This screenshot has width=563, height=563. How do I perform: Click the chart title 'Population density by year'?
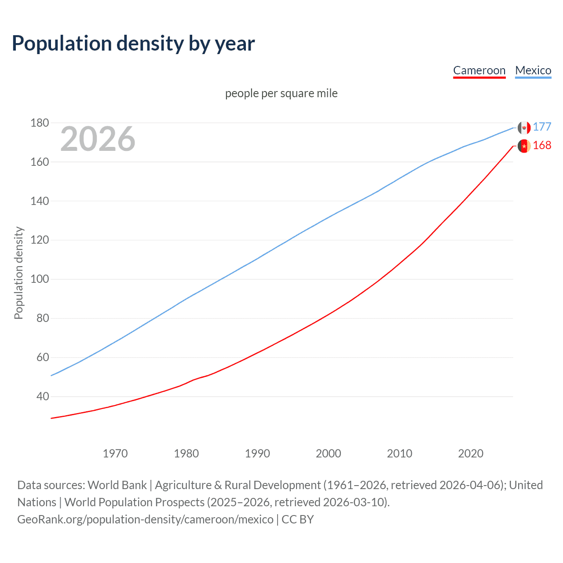tap(133, 44)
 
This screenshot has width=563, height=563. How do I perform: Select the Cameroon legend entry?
tap(479, 70)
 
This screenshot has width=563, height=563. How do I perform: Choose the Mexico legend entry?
tap(533, 70)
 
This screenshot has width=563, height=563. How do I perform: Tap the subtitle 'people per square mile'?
tap(281, 94)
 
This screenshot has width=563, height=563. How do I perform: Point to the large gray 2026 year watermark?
tap(98, 139)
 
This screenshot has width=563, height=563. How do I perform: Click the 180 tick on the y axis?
tap(40, 123)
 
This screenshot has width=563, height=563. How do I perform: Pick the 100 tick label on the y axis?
tap(40, 279)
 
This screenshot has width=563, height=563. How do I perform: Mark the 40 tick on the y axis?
tap(43, 397)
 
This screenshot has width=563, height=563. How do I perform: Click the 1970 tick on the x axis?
tap(115, 453)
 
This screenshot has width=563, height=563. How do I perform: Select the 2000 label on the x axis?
tap(329, 453)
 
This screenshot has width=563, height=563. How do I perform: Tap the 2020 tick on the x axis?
tap(471, 453)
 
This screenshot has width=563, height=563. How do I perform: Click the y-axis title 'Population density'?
tap(18, 273)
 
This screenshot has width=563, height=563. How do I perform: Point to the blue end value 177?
tap(542, 127)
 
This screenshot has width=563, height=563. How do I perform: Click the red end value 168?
tap(542, 146)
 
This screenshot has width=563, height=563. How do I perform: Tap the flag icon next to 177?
tap(524, 128)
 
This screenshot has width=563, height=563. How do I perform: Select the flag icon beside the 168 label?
tap(524, 146)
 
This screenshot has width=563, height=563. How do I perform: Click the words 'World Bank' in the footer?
tap(117, 485)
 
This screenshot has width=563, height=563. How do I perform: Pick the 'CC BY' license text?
tap(298, 519)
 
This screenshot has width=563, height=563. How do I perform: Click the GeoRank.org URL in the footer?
tap(145, 519)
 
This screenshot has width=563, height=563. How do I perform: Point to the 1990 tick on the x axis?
tap(257, 453)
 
